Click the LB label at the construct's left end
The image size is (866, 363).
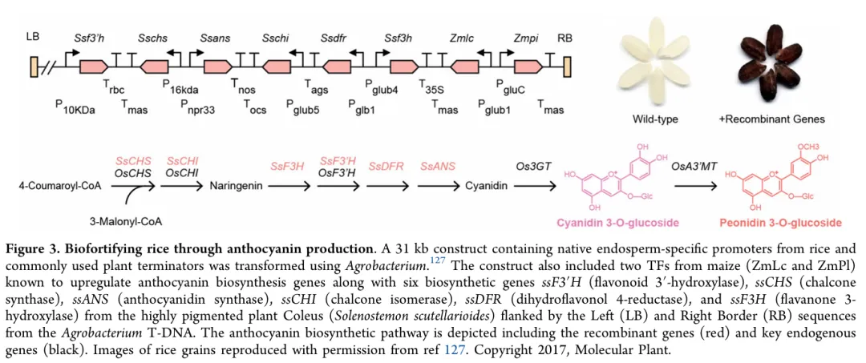coord(33,37)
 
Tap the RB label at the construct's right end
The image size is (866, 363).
coord(565,37)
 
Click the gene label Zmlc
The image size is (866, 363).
coord(462,37)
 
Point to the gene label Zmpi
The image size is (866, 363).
coord(526,37)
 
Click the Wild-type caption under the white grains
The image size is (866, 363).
coord(655,119)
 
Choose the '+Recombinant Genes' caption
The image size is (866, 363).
coord(772,119)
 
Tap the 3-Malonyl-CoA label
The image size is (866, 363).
coord(121,220)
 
